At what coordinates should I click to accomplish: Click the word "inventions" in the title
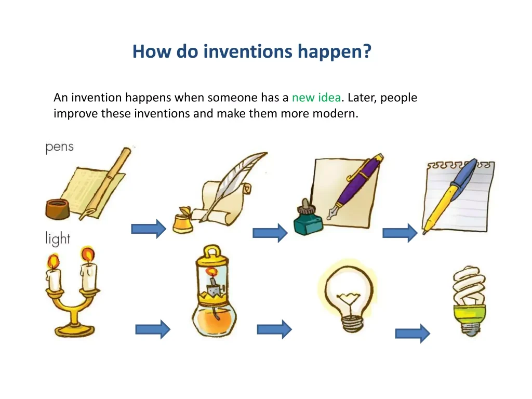click(x=248, y=51)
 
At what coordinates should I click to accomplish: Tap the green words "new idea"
click(x=316, y=97)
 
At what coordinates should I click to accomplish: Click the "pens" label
click(x=59, y=147)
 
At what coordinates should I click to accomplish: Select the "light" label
click(x=58, y=238)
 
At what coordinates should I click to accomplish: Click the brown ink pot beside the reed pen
click(x=58, y=209)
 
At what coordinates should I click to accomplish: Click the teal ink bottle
click(x=308, y=219)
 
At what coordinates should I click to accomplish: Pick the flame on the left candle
click(x=54, y=261)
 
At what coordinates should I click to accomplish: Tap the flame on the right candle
click(x=87, y=255)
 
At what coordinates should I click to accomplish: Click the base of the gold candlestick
click(x=75, y=329)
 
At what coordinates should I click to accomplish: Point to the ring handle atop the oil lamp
click(x=212, y=251)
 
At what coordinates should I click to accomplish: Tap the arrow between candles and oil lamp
click(x=153, y=329)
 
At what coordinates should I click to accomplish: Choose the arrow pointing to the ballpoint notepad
click(x=400, y=233)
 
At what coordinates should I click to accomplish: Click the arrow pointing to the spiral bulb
click(x=413, y=334)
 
